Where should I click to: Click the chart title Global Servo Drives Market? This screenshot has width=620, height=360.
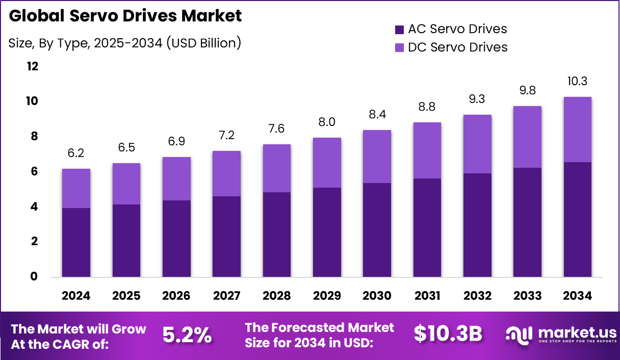125,16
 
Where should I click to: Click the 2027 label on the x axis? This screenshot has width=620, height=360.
227,296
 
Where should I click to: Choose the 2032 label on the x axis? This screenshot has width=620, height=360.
477,296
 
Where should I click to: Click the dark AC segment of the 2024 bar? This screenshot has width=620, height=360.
76,242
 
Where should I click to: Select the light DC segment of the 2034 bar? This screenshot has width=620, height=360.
578,130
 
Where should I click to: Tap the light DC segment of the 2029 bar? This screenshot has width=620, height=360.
327,163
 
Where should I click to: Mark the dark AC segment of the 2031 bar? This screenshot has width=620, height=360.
427,227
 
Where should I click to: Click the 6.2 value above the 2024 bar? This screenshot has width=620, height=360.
76,153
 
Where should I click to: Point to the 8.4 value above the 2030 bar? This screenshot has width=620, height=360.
377,114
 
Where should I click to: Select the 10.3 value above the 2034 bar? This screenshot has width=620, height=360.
578,81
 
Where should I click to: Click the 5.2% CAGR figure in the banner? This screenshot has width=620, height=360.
187,335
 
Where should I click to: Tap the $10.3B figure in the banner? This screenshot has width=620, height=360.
448,334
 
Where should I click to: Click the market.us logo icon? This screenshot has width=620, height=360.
519,335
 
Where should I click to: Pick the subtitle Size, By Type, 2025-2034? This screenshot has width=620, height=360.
125,43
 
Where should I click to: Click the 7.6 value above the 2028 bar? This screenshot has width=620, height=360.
277,128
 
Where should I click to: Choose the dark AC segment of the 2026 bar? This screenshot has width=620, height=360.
176,239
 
